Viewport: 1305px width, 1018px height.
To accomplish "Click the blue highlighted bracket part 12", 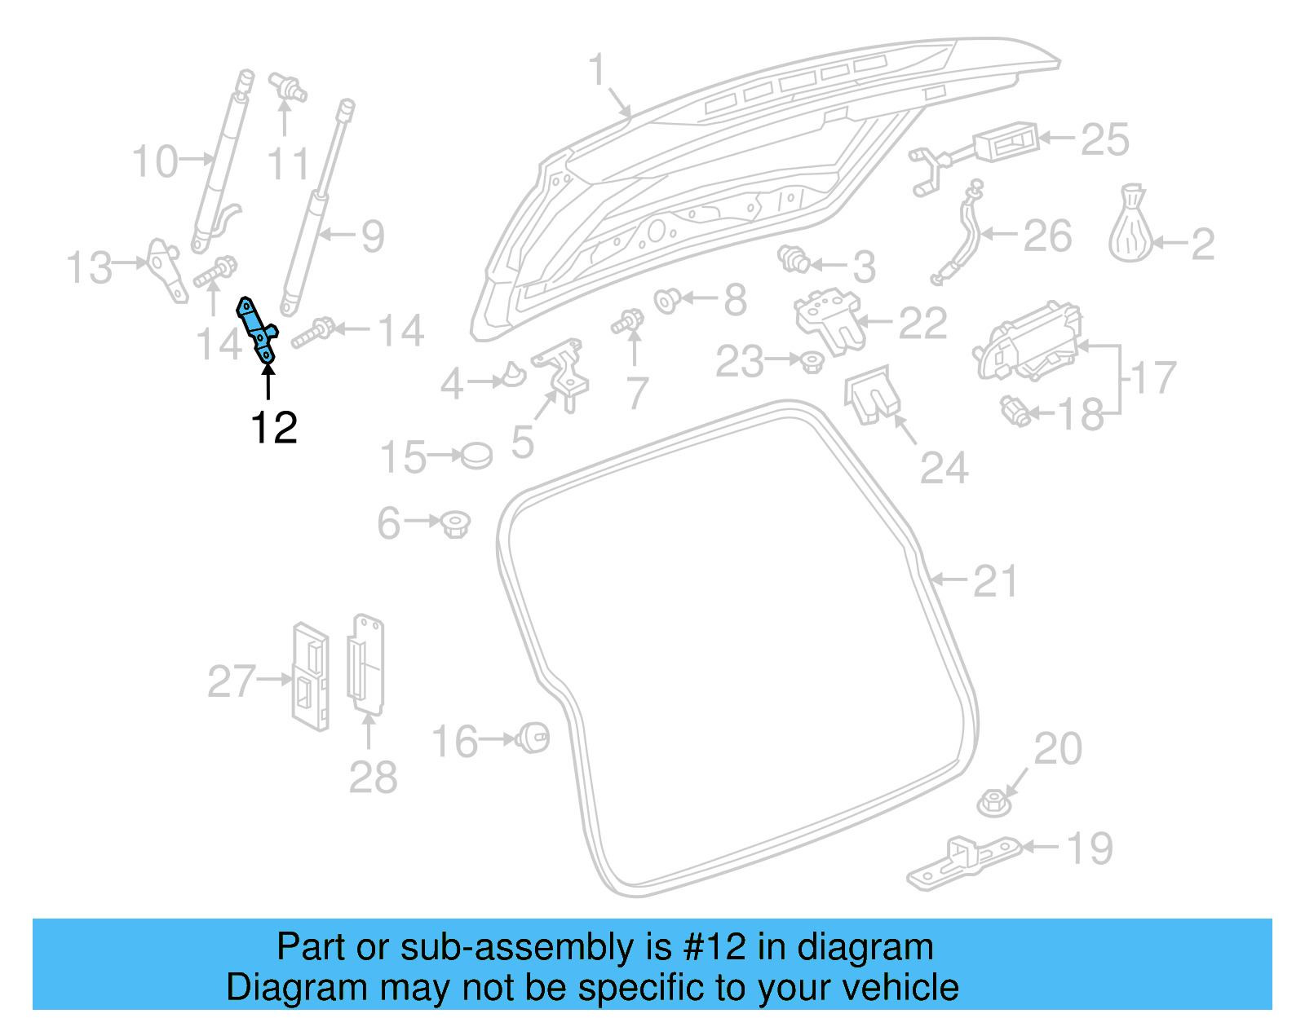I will [258, 330].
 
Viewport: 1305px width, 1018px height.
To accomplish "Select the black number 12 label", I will [274, 428].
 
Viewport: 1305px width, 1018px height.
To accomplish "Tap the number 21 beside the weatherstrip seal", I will [995, 582].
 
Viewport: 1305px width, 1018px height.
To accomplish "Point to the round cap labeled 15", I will [476, 456].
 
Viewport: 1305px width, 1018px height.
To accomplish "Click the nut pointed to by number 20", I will [994, 802].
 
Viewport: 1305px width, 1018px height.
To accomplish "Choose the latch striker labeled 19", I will [962, 863].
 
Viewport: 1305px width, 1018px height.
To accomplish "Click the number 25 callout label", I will [1104, 140].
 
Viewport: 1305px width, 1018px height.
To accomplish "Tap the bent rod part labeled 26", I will [962, 232].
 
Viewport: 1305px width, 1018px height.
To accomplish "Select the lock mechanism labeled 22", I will [826, 321].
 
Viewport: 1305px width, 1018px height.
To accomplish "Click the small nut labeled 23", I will [811, 361].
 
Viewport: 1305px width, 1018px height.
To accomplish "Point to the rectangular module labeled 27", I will [310, 677].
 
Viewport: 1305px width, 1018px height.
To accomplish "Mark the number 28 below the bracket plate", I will [373, 778].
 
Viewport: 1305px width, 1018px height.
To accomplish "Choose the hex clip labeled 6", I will [455, 523].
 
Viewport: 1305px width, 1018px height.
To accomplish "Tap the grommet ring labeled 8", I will [667, 302].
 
